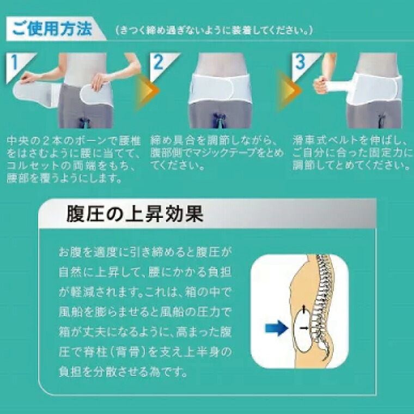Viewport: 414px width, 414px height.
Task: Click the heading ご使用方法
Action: [52, 29]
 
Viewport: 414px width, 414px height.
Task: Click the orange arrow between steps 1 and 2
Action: [147, 90]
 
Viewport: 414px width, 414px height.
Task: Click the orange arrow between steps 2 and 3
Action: [289, 90]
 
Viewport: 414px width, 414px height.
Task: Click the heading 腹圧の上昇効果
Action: [135, 214]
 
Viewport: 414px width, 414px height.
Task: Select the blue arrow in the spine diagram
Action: [276, 328]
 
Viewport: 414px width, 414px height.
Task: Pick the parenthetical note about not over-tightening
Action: [215, 31]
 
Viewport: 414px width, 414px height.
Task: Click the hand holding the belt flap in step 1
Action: [99, 82]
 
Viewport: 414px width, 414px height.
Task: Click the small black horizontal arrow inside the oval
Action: [304, 328]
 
